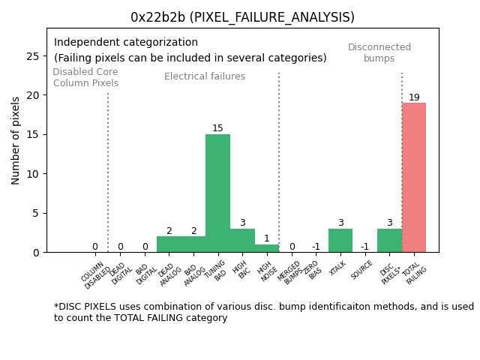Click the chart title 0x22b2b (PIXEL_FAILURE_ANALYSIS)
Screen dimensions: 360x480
pyautogui.click(x=242, y=16)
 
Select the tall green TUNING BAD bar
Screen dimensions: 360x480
pyautogui.click(x=217, y=193)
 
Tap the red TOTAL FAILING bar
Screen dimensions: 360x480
pyautogui.click(x=414, y=178)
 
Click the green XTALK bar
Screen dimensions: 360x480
pyautogui.click(x=340, y=241)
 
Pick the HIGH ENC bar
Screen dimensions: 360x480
pyautogui.click(x=242, y=241)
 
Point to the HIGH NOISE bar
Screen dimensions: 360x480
pyautogui.click(x=266, y=248)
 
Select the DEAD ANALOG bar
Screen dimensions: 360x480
pyautogui.click(x=169, y=244)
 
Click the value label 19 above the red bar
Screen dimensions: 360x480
pyautogui.click(x=414, y=97)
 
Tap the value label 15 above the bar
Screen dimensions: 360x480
pyautogui.click(x=217, y=128)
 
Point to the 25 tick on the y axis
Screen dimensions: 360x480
pyautogui.click(x=34, y=56)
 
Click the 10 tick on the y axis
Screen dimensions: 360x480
pyautogui.click(x=34, y=174)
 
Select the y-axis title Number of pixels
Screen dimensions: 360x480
pyautogui.click(x=16, y=140)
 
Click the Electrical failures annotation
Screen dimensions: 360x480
pyautogui.click(x=205, y=76)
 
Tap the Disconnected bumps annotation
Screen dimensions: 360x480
pyautogui.click(x=379, y=52)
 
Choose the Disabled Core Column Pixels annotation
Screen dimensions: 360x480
pyautogui.click(x=85, y=77)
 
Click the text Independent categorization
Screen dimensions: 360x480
pyautogui.click(x=126, y=43)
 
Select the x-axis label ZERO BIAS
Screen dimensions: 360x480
pyautogui.click(x=313, y=271)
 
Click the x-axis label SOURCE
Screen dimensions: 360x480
pyautogui.click(x=363, y=269)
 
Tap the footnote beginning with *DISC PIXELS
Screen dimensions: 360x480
pyautogui.click(x=263, y=312)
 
